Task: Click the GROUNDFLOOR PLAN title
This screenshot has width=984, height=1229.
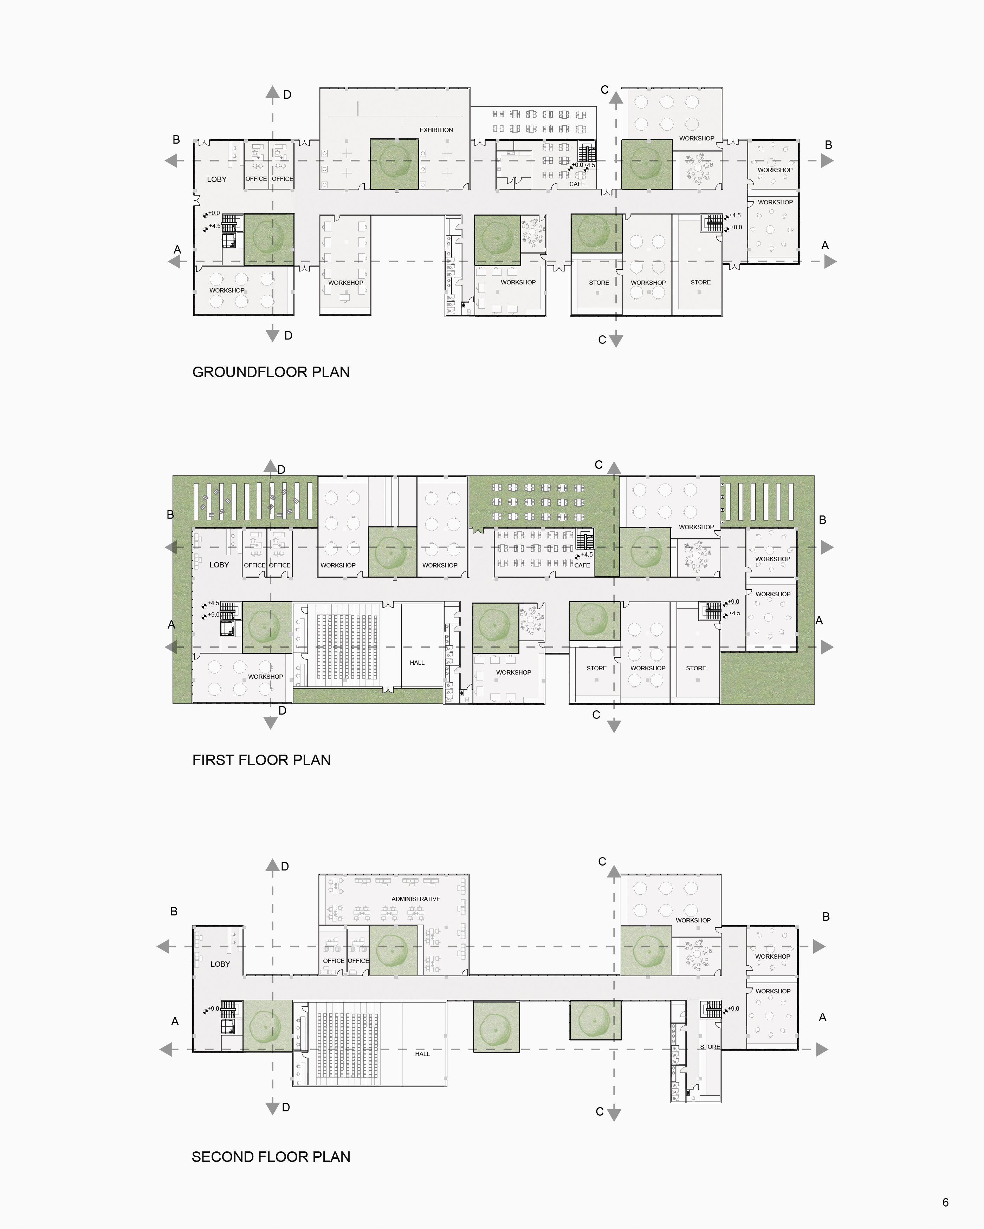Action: (271, 372)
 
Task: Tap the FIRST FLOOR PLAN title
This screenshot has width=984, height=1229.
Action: (261, 760)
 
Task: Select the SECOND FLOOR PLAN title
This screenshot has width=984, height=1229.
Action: (271, 1157)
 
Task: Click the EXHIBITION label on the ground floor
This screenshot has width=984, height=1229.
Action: (436, 130)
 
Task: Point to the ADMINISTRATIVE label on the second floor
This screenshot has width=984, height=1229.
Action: (416, 899)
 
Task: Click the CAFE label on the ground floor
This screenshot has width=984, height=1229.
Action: (577, 184)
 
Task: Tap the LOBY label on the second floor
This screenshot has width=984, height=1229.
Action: (220, 964)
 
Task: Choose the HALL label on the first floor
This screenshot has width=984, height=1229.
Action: (417, 662)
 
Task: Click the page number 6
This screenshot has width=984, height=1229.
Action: (945, 1202)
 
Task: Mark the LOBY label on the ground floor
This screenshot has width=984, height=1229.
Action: (217, 179)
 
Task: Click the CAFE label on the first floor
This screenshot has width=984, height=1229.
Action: (582, 565)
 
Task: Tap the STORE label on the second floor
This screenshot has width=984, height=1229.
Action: (710, 1047)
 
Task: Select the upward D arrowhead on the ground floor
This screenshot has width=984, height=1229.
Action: (273, 93)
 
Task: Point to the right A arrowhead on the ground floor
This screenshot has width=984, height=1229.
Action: (830, 262)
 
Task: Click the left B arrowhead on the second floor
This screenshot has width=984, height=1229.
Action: (164, 947)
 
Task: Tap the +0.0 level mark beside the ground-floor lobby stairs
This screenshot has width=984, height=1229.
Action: (214, 213)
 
